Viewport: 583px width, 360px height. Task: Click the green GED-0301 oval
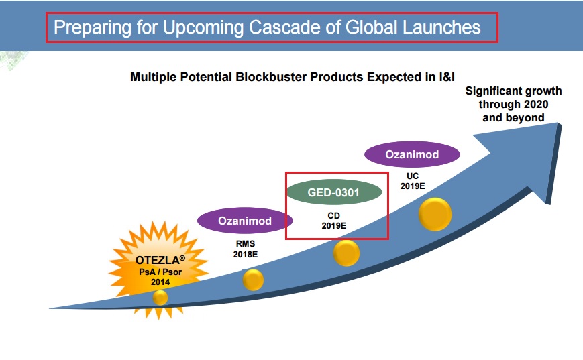(x=334, y=192)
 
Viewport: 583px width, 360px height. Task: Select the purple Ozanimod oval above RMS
(x=245, y=221)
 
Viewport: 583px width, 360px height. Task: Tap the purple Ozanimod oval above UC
(x=412, y=154)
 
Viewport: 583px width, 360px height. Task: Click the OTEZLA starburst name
(x=160, y=259)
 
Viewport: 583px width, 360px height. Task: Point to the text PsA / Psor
(x=160, y=272)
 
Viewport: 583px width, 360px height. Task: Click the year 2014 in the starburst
(x=160, y=282)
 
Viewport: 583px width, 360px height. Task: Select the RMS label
(x=246, y=244)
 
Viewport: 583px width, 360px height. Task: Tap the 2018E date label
(x=246, y=255)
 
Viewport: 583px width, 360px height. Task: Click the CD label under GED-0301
(x=334, y=215)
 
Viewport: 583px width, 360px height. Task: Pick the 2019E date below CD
(x=334, y=225)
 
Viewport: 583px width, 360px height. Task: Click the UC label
(x=413, y=176)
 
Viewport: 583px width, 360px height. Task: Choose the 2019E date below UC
(x=413, y=186)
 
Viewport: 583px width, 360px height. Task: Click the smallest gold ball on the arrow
(x=160, y=298)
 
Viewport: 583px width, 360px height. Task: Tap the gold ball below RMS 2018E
(x=253, y=280)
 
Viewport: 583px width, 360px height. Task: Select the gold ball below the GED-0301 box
(x=346, y=253)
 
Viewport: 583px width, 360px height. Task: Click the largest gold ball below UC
(x=435, y=215)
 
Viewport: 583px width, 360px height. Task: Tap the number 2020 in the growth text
(x=534, y=104)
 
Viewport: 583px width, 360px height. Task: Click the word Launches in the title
(x=441, y=27)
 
